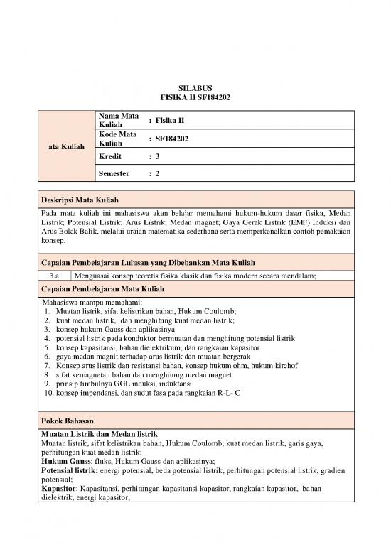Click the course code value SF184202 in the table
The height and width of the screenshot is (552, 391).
tap(173, 139)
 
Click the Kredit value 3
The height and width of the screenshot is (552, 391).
tap(157, 156)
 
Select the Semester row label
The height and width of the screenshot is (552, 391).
tap(114, 173)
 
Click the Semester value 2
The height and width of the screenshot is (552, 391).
tap(157, 173)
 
